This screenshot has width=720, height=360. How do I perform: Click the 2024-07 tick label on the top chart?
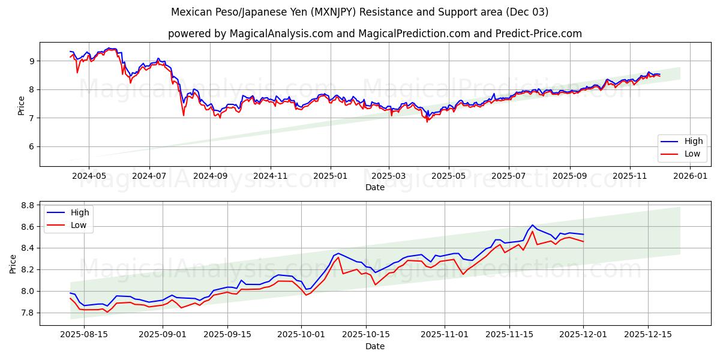click(149, 176)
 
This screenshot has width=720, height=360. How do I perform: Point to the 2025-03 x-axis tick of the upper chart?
click(389, 176)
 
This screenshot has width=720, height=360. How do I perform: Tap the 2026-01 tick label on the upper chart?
click(691, 176)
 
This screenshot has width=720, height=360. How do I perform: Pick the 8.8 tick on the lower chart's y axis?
click(26, 205)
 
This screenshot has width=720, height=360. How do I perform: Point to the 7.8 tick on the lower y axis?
click(26, 313)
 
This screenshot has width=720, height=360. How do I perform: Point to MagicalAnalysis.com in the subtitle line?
click(281, 34)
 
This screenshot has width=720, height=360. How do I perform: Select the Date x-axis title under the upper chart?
click(375, 187)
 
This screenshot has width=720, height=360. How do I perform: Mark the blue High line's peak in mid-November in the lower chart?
click(532, 226)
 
